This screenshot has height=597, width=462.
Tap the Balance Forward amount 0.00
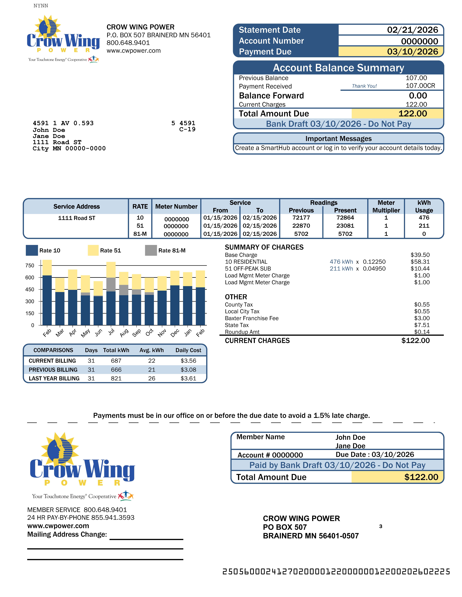(418, 96)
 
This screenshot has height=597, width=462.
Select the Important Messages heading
(338, 139)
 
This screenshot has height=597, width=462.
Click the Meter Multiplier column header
(386, 206)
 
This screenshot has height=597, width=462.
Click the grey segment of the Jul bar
(111, 285)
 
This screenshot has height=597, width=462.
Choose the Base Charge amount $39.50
(420, 255)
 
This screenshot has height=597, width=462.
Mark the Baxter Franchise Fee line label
(252, 318)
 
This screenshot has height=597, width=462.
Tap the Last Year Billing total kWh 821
(116, 378)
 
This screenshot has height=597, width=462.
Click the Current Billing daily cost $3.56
(188, 361)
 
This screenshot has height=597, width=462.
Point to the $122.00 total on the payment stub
(421, 477)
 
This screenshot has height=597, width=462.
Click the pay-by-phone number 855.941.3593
(113, 517)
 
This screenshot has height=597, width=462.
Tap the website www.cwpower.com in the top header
(134, 51)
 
